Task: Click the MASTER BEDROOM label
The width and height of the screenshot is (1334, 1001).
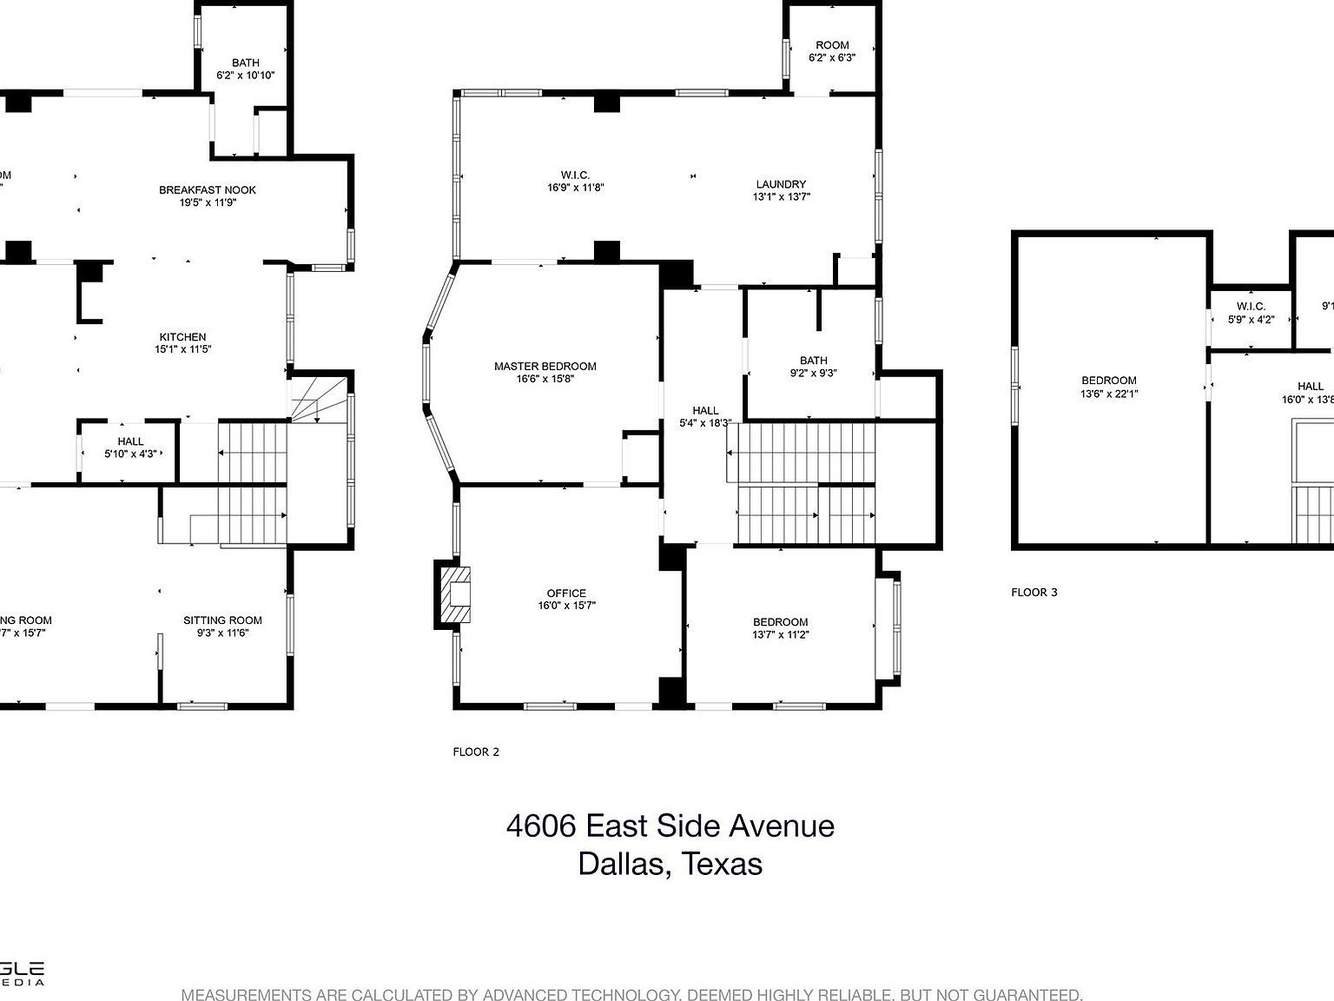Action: click(545, 367)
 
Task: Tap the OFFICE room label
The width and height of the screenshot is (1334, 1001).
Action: click(566, 593)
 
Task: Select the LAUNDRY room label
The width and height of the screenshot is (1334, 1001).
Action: click(781, 184)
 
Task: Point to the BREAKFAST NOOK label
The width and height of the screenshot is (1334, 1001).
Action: click(208, 190)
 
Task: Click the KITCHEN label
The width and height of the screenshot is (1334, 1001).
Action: click(182, 337)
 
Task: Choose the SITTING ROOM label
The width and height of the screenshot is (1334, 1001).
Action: click(222, 620)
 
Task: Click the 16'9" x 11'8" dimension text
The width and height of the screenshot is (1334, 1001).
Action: click(575, 188)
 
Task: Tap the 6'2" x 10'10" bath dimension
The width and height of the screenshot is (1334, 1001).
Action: click(245, 76)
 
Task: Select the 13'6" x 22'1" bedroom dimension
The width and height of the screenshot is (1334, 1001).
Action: click(1109, 394)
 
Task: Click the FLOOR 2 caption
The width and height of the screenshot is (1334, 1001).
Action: click(476, 752)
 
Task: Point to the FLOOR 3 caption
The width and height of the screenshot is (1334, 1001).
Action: click(1034, 593)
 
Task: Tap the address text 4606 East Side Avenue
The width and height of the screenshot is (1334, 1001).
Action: click(670, 825)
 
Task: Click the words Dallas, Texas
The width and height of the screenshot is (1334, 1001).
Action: click(670, 864)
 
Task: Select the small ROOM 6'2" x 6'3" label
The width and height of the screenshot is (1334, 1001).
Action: click(832, 51)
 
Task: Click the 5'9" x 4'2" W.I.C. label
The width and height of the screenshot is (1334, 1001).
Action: click(1251, 313)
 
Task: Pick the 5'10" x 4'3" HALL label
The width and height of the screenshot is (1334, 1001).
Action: click(130, 447)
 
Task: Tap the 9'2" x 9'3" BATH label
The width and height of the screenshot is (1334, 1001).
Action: click(814, 367)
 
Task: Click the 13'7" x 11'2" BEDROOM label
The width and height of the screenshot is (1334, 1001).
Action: click(780, 628)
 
